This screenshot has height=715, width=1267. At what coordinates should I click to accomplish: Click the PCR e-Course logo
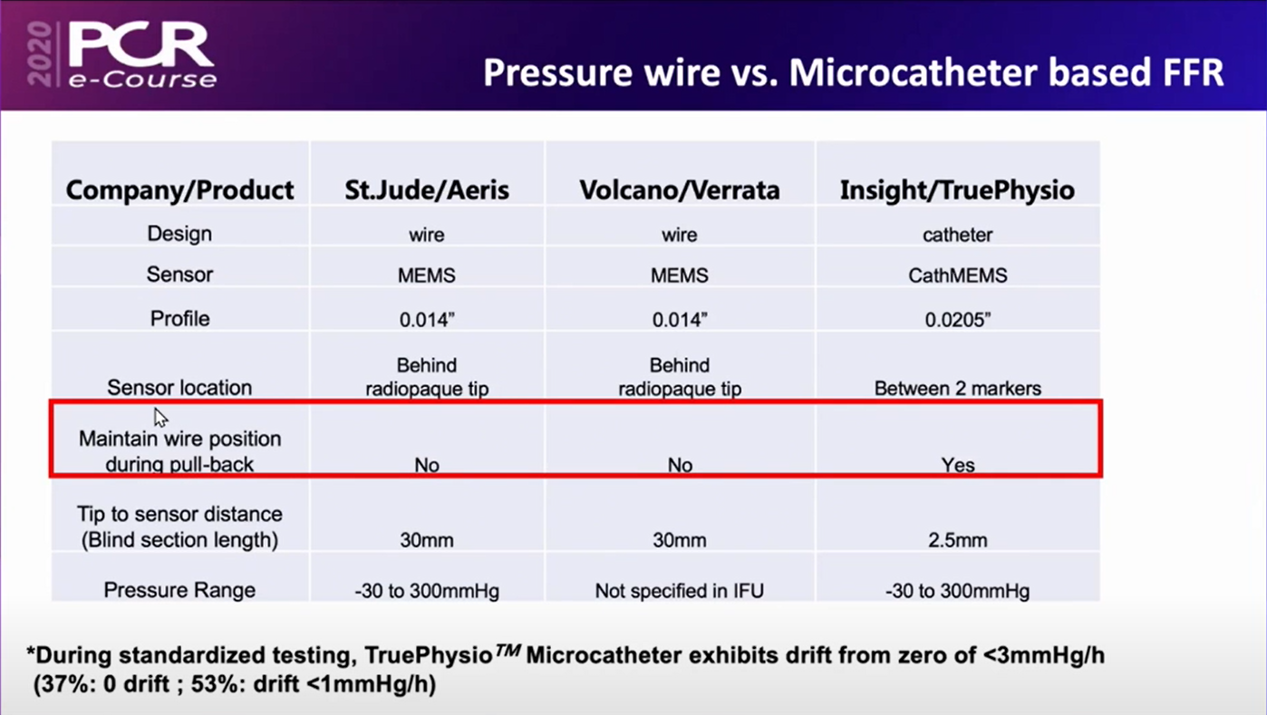pos(141,55)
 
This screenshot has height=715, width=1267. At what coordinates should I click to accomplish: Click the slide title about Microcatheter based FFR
pos(854,72)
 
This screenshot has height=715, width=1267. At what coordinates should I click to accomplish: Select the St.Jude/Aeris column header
pos(427,190)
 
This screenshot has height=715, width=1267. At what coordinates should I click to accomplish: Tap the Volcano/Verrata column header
pos(680,190)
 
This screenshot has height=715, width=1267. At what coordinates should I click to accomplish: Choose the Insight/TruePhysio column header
pos(957,190)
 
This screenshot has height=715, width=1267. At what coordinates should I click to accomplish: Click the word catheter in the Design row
pos(958,235)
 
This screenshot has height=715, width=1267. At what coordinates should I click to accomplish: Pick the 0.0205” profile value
pos(958,320)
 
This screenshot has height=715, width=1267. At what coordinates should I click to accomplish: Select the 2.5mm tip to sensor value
pos(958,540)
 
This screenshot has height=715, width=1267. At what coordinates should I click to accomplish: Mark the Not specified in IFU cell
pos(680,591)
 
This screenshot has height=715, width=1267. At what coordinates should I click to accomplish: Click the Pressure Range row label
pos(179,590)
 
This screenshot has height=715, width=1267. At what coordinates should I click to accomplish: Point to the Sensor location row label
pos(179,388)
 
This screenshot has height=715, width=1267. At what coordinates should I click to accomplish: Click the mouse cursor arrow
pos(160,418)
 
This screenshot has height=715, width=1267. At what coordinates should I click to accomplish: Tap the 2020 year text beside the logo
pos(40,54)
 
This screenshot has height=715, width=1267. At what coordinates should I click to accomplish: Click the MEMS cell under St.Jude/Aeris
pos(427,275)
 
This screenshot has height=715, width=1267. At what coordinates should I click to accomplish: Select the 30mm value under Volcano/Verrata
pos(680,540)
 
